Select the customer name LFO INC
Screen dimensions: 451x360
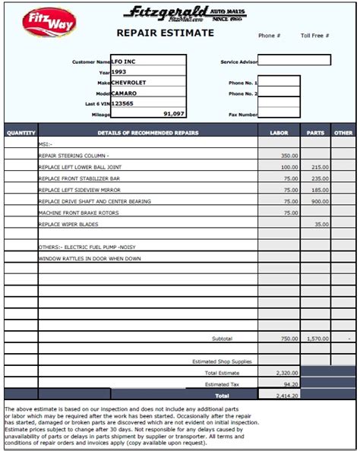pos(127,61)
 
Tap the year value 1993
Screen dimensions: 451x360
pos(119,71)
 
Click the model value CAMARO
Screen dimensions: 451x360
pos(125,93)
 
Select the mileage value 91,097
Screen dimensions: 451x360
pos(173,113)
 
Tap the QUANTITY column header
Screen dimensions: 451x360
pos(21,133)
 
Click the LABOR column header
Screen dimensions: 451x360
pos(279,133)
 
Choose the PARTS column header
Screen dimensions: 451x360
pos(316,133)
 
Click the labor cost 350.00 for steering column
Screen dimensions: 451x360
pos(289,155)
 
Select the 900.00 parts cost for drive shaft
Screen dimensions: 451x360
pos(319,201)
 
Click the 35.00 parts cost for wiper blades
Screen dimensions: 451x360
pos(321,225)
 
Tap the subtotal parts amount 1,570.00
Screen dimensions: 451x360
pos(317,339)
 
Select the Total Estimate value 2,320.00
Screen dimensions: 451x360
pos(286,373)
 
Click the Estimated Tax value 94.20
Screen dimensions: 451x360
pos(290,384)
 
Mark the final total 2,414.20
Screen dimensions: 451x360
pos(286,396)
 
